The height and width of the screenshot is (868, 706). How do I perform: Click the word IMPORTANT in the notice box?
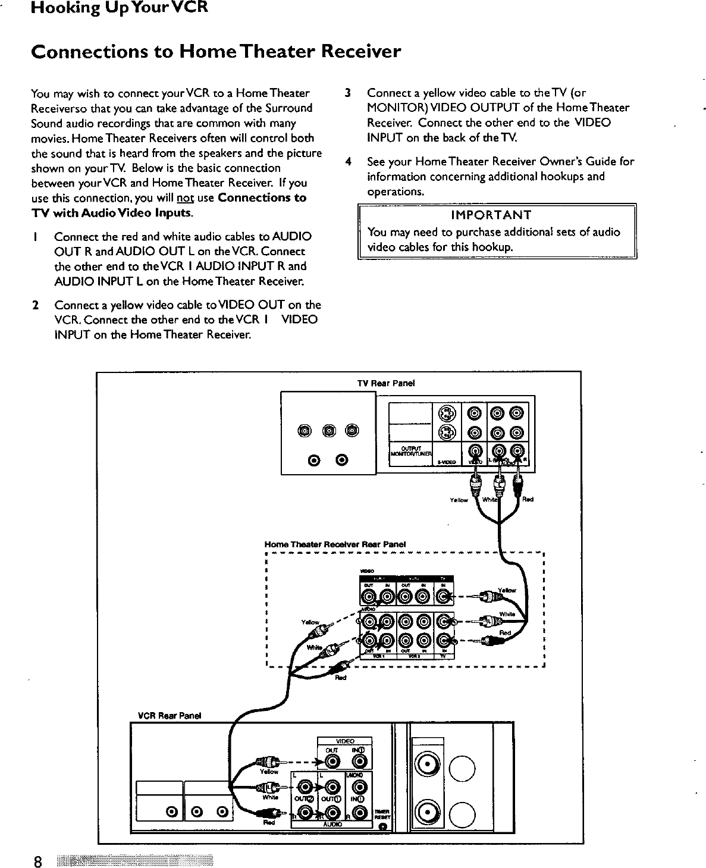click(x=491, y=215)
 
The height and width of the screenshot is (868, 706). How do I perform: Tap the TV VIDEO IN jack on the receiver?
click(x=444, y=596)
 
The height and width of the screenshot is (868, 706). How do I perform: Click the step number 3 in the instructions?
click(x=349, y=93)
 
